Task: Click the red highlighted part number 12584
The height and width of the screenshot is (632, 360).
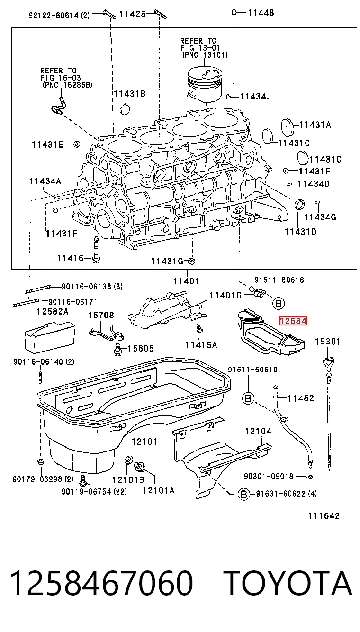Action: pyautogui.click(x=293, y=321)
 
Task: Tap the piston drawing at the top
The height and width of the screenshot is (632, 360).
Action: pyautogui.click(x=205, y=85)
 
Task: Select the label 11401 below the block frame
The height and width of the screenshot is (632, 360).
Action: pyautogui.click(x=186, y=281)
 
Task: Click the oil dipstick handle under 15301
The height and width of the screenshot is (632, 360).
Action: pyautogui.click(x=328, y=361)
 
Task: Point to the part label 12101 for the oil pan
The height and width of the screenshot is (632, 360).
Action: pyautogui.click(x=144, y=442)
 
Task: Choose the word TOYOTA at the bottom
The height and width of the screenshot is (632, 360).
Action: pyautogui.click(x=288, y=583)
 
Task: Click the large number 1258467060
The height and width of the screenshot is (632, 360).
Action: pyautogui.click(x=101, y=583)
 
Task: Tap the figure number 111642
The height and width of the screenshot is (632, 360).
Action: pyautogui.click(x=324, y=516)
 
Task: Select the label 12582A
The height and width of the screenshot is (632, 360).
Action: pyautogui.click(x=53, y=311)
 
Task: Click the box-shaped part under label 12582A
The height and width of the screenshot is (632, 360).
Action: pyautogui.click(x=50, y=338)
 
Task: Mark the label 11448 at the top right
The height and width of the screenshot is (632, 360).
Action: pyautogui.click(x=261, y=13)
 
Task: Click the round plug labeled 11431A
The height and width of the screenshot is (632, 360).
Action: pyautogui.click(x=288, y=128)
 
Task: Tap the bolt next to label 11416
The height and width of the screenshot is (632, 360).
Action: pyautogui.click(x=96, y=250)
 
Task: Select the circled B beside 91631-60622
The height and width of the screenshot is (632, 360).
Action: pyautogui.click(x=244, y=494)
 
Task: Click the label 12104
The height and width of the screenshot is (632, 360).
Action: pyautogui.click(x=258, y=431)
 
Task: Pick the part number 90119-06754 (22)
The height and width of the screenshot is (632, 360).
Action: pyautogui.click(x=94, y=492)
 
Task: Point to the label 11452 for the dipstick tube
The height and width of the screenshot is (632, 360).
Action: pyautogui.click(x=301, y=398)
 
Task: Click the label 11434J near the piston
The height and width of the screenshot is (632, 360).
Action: pyautogui.click(x=255, y=97)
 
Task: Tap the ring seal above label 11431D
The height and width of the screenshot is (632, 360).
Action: pyautogui.click(x=300, y=204)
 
